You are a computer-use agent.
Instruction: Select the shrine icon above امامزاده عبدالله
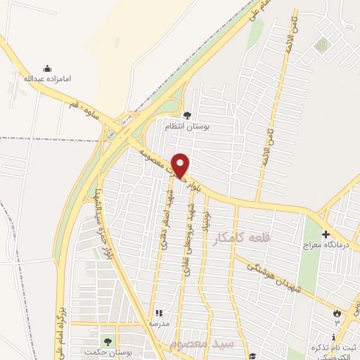coord(47,68)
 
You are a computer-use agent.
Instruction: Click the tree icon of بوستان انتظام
coord(186,115)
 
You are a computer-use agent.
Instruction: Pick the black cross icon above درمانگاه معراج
coord(325,233)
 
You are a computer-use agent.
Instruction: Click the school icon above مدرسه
coord(158,313)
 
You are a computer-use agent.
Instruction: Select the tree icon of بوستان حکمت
coord(108,340)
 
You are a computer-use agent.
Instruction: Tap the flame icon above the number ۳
coord(337,313)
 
